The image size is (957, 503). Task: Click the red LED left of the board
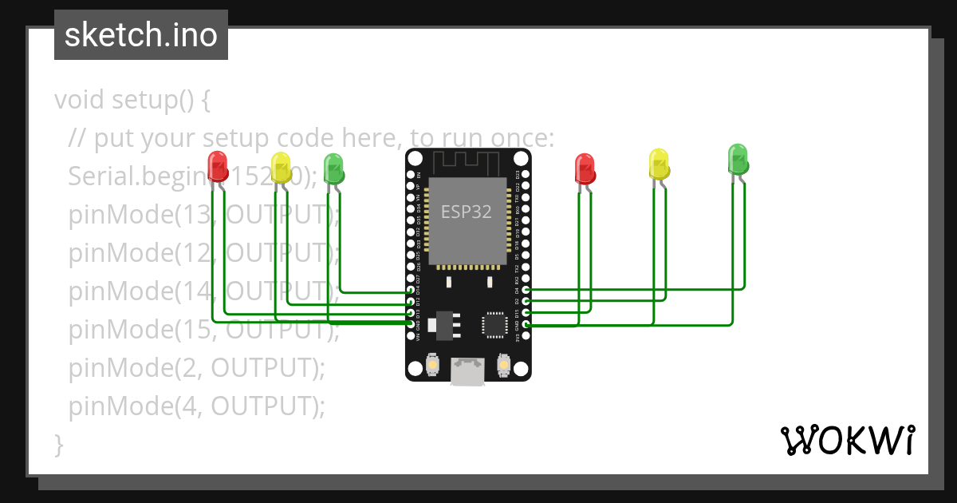coord(217,166)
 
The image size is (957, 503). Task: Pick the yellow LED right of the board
coord(659,164)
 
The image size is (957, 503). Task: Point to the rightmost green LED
coord(738,159)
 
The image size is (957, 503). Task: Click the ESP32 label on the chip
coord(467,212)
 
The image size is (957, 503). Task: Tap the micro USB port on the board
coord(467,370)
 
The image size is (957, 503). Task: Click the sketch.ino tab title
coord(141,35)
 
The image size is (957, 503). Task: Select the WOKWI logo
coord(846,441)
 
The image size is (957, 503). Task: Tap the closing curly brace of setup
coord(58,444)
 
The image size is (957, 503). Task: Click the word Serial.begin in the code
coord(136,176)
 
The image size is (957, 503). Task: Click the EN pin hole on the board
coord(410,174)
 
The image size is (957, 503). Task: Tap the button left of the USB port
coord(431,365)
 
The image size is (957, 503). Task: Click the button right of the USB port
coord(503,365)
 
